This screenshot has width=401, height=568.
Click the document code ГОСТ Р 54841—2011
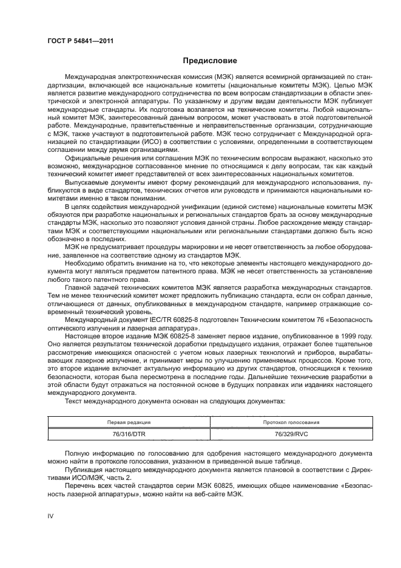(80, 42)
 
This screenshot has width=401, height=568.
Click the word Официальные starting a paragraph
(87, 159)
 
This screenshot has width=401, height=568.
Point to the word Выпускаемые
(86, 182)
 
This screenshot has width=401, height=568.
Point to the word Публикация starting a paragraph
(84, 468)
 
